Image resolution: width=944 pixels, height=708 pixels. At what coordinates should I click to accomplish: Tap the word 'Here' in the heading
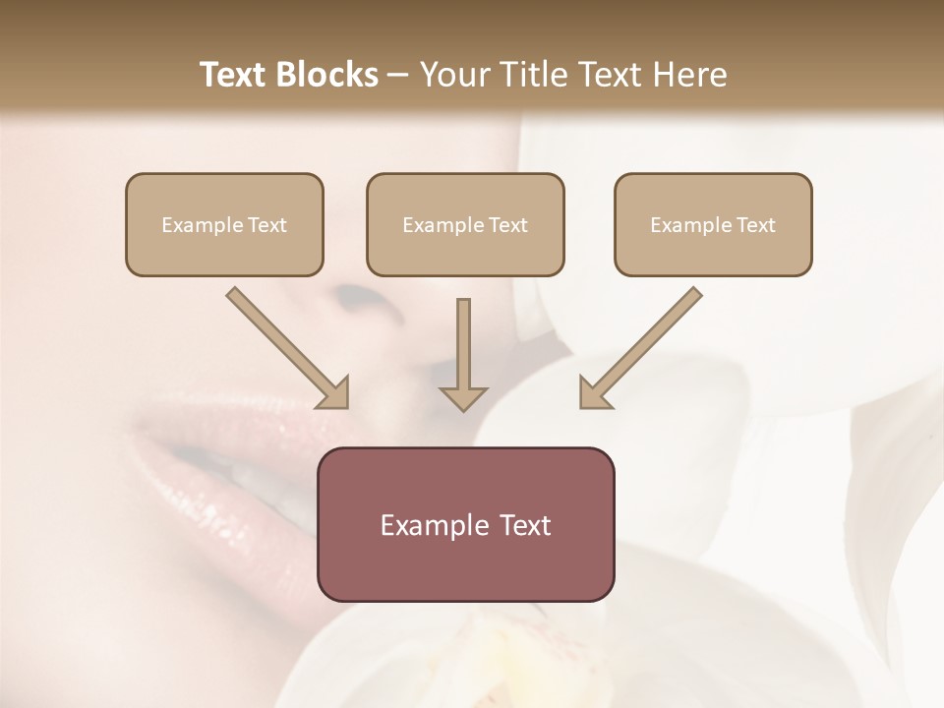point(687,75)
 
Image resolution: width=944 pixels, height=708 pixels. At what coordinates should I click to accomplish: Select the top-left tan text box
point(224,224)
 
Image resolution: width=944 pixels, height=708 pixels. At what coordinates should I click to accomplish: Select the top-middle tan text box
point(465,224)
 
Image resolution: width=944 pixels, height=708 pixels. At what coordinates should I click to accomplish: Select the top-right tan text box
point(713,224)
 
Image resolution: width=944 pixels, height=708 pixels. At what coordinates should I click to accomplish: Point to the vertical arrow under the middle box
point(463,344)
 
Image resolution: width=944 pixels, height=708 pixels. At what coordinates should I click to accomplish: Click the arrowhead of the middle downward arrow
point(463,397)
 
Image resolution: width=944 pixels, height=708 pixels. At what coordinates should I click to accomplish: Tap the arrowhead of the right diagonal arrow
point(593,393)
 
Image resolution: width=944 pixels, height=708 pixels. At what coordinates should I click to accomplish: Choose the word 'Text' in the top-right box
point(755,225)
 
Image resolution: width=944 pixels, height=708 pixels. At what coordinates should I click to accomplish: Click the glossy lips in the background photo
point(226,452)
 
